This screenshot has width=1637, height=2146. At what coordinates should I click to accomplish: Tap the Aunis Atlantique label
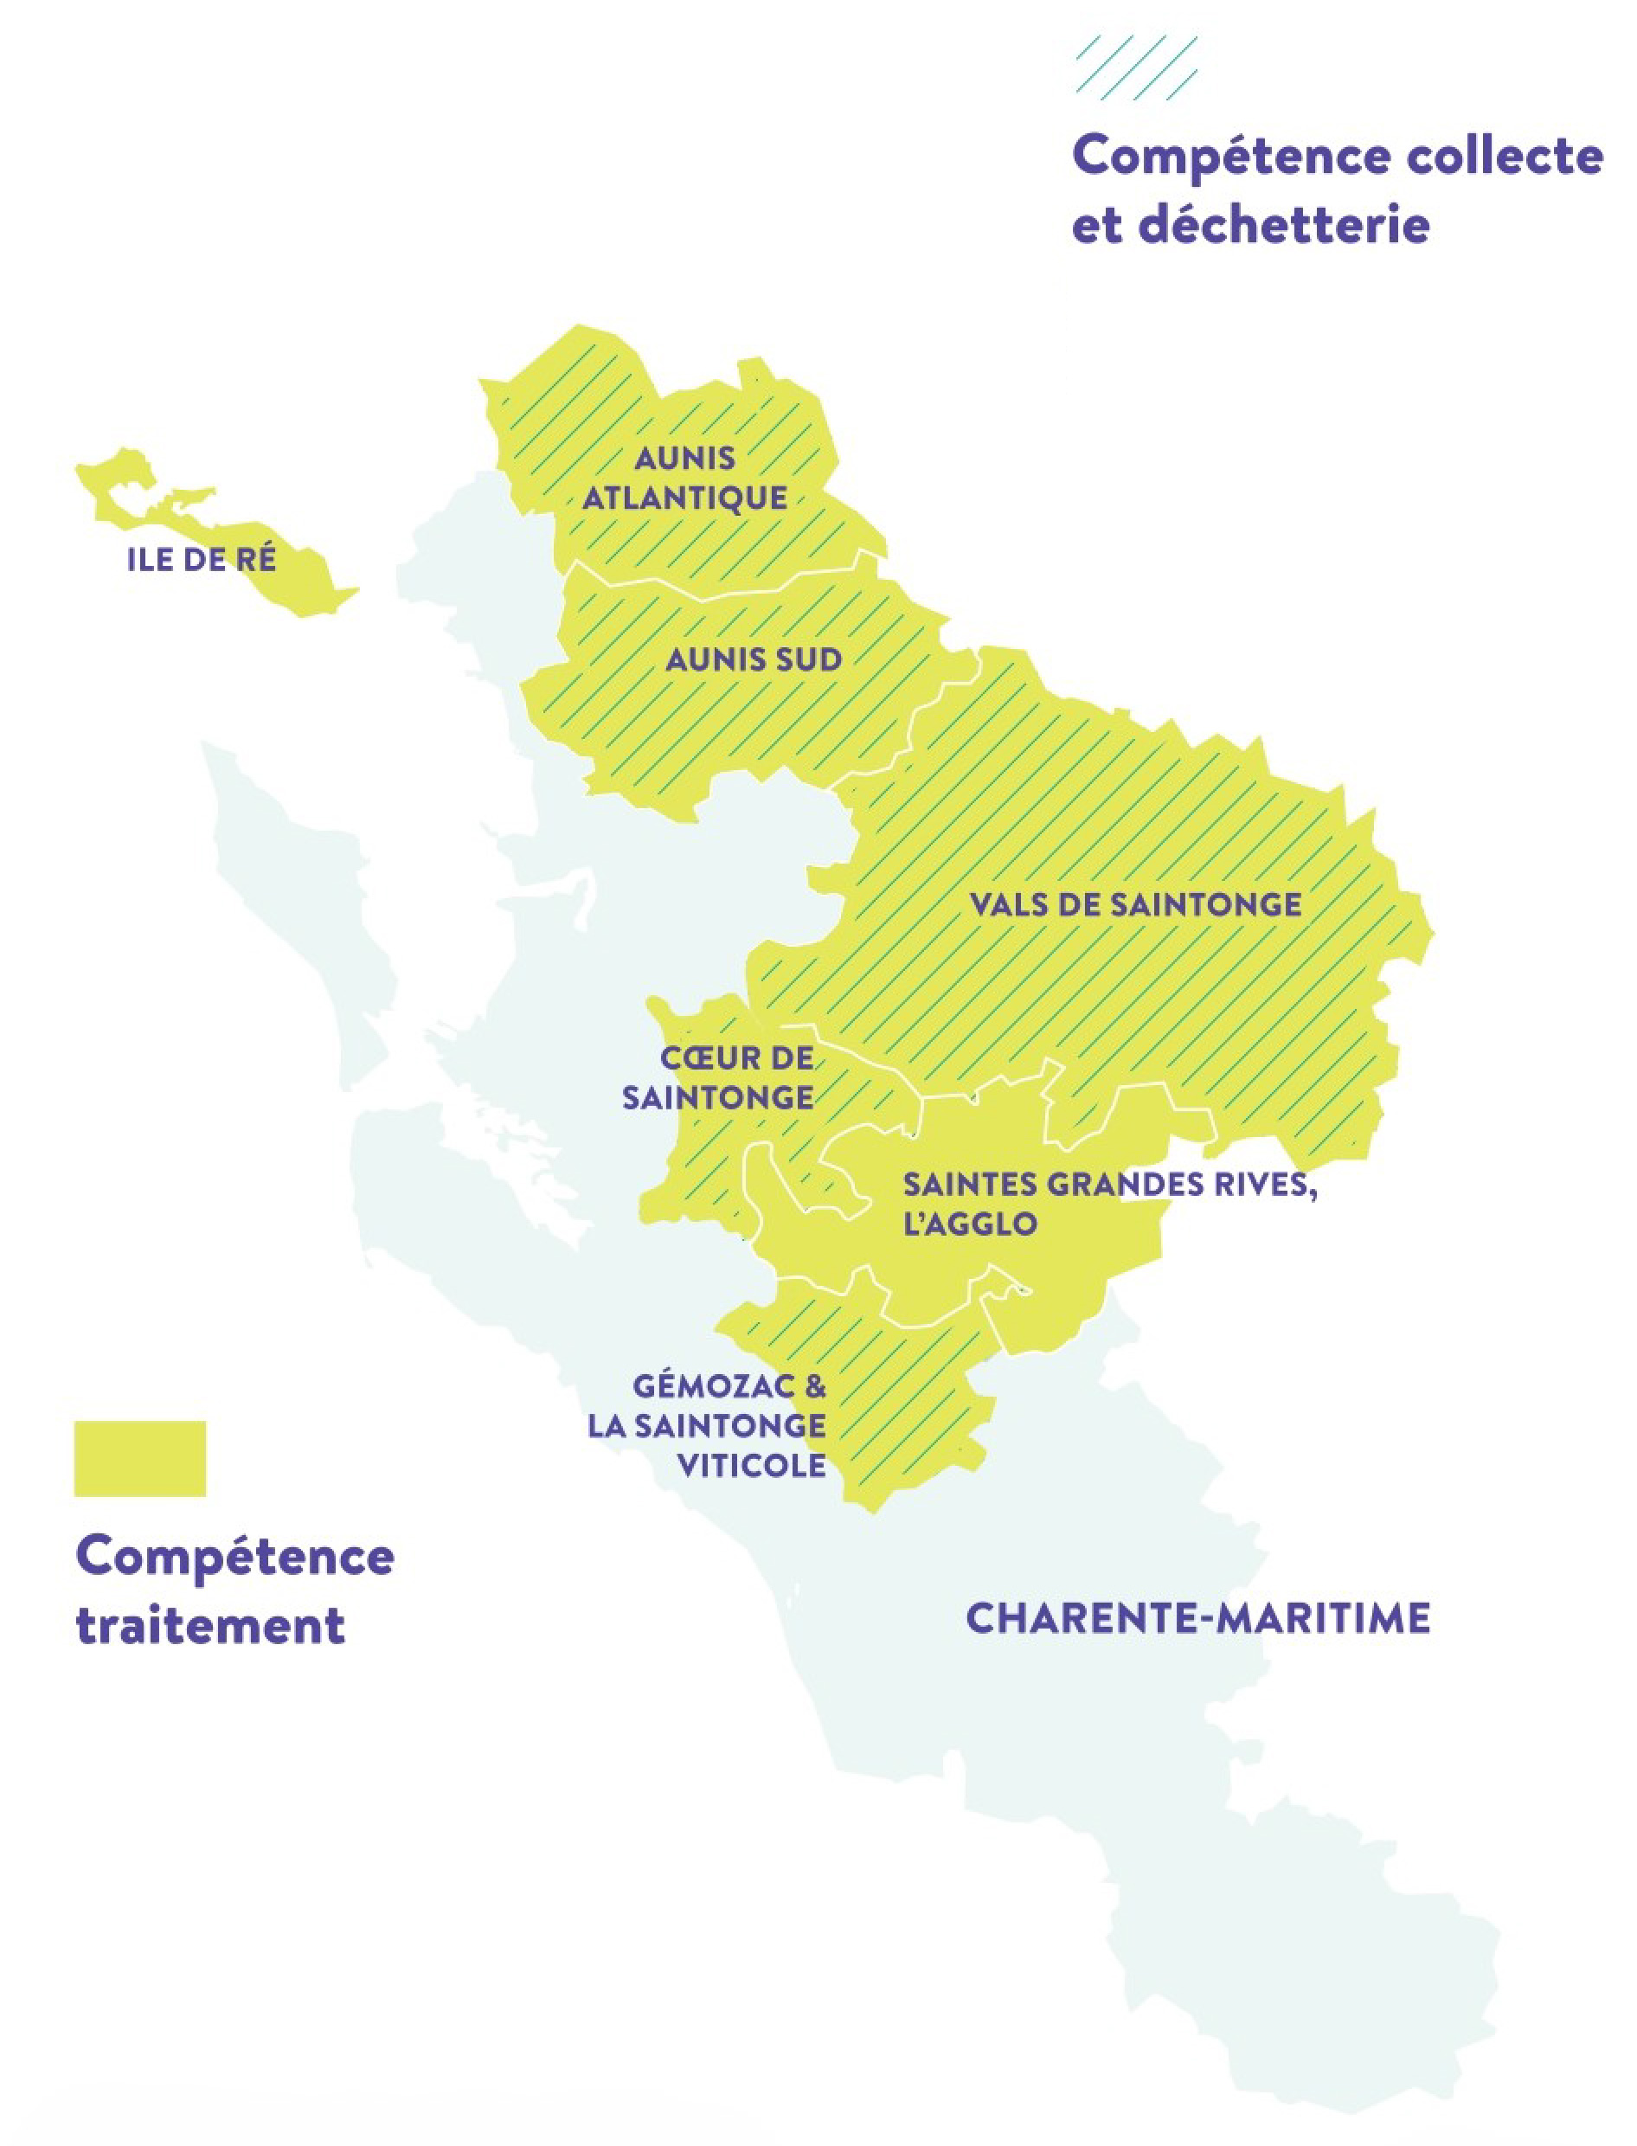pyautogui.click(x=685, y=479)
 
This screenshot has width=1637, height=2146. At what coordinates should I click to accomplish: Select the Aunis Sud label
pyautogui.click(x=754, y=659)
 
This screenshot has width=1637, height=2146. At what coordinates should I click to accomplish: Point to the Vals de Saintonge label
pyautogui.click(x=1135, y=904)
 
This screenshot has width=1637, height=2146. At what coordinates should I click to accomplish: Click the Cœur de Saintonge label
pyautogui.click(x=718, y=1078)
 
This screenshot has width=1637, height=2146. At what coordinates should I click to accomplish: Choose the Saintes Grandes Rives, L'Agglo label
pyautogui.click(x=1109, y=1205)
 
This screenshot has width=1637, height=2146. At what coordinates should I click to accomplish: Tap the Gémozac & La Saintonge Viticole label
pyautogui.click(x=708, y=1425)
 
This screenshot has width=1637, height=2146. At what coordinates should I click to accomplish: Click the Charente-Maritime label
pyautogui.click(x=1197, y=1619)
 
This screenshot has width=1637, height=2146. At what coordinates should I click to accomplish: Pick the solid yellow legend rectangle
pyautogui.click(x=140, y=1458)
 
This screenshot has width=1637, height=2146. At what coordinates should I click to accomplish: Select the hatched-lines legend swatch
pyautogui.click(x=1136, y=67)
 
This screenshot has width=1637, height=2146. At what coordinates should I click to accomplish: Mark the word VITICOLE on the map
pyautogui.click(x=751, y=1465)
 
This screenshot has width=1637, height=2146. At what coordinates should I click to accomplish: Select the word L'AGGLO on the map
pyautogui.click(x=970, y=1224)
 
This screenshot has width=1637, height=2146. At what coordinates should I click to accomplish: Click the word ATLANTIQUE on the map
pyautogui.click(x=685, y=498)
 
